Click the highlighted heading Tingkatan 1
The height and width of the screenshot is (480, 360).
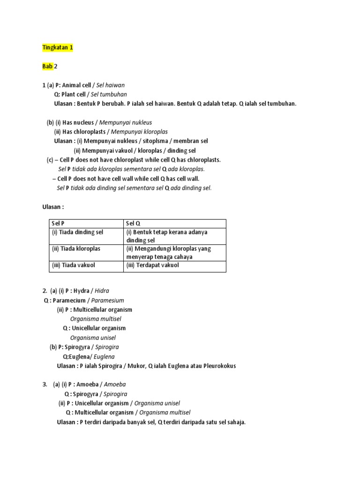(58, 48)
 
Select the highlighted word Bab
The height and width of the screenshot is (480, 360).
(47, 67)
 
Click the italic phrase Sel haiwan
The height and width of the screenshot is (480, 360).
(111, 85)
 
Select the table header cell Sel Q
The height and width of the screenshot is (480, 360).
(133, 224)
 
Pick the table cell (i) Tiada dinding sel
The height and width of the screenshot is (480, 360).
(77, 232)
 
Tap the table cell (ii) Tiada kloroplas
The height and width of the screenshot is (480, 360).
(76, 248)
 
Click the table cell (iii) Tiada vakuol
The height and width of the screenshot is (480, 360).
(74, 265)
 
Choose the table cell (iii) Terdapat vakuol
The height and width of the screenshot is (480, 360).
(152, 265)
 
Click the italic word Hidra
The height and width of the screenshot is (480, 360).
(102, 291)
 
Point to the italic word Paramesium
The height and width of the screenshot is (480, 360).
(107, 300)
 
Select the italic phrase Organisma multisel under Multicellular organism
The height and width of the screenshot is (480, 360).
(93, 319)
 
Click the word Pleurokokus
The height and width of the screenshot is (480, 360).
(218, 366)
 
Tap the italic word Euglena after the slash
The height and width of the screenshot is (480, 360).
(105, 356)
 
